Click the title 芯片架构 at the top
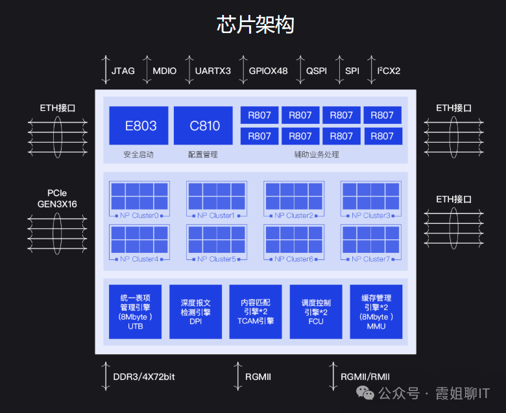[255, 25]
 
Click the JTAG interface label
[123, 71]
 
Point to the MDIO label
[165, 71]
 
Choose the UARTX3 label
[213, 71]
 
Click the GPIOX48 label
[268, 71]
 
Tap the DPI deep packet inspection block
[196, 312]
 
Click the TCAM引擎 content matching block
[256, 312]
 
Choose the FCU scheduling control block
[316, 312]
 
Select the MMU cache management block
[376, 312]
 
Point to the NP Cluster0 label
[139, 215]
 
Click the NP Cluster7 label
[371, 259]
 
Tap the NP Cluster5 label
[217, 259]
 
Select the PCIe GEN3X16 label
[57, 198]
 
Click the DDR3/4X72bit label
[144, 377]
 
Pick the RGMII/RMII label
[365, 377]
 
